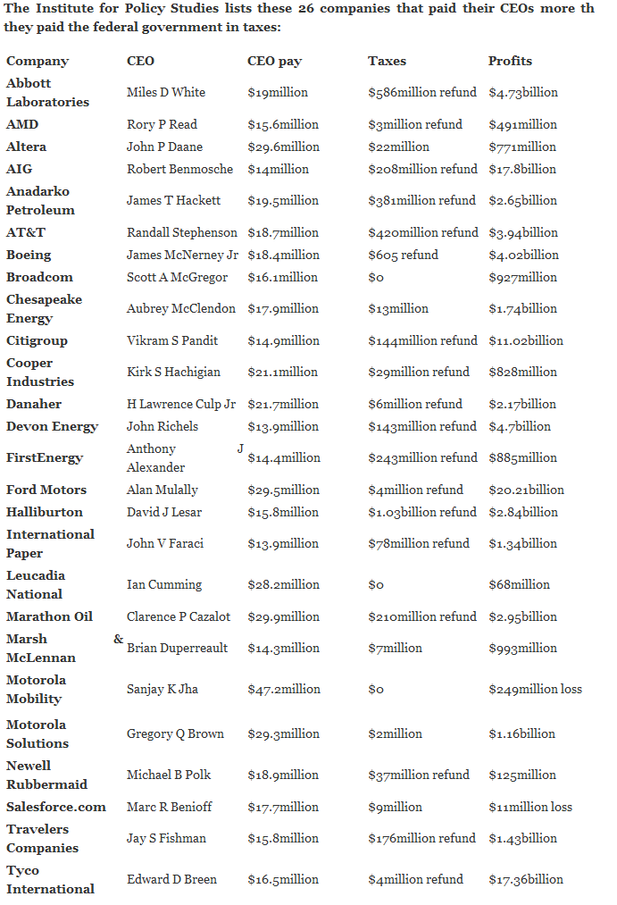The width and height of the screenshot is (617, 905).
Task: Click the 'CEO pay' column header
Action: pos(274,61)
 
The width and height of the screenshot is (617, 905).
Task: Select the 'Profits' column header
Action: pos(510,61)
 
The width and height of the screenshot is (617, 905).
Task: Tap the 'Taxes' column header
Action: pos(387,61)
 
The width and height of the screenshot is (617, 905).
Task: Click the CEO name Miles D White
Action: pos(166,92)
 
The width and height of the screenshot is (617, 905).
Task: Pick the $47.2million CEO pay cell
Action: pos(283,689)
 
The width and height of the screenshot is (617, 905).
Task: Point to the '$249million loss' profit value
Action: pos(535,689)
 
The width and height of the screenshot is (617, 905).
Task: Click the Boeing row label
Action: pos(29,255)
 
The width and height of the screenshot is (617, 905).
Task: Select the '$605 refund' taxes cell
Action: pos(403,255)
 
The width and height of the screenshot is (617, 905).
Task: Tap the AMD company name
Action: pos(22,124)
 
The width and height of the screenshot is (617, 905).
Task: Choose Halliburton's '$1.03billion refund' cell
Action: pos(422,512)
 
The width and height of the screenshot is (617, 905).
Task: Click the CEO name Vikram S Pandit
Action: pos(172,340)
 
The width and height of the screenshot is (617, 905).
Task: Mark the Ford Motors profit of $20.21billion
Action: pos(526,490)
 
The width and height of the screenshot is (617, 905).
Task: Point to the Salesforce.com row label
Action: pos(56,807)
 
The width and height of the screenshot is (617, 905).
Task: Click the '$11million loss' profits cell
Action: pos(530,807)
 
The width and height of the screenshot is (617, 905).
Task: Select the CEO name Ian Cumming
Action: pos(164,584)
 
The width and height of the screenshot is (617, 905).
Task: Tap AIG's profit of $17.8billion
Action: pos(522,169)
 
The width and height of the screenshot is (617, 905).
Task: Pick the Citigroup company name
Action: pos(37,340)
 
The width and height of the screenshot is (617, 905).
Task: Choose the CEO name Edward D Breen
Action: pos(171,879)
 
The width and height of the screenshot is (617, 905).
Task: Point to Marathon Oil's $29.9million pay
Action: pos(283,616)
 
